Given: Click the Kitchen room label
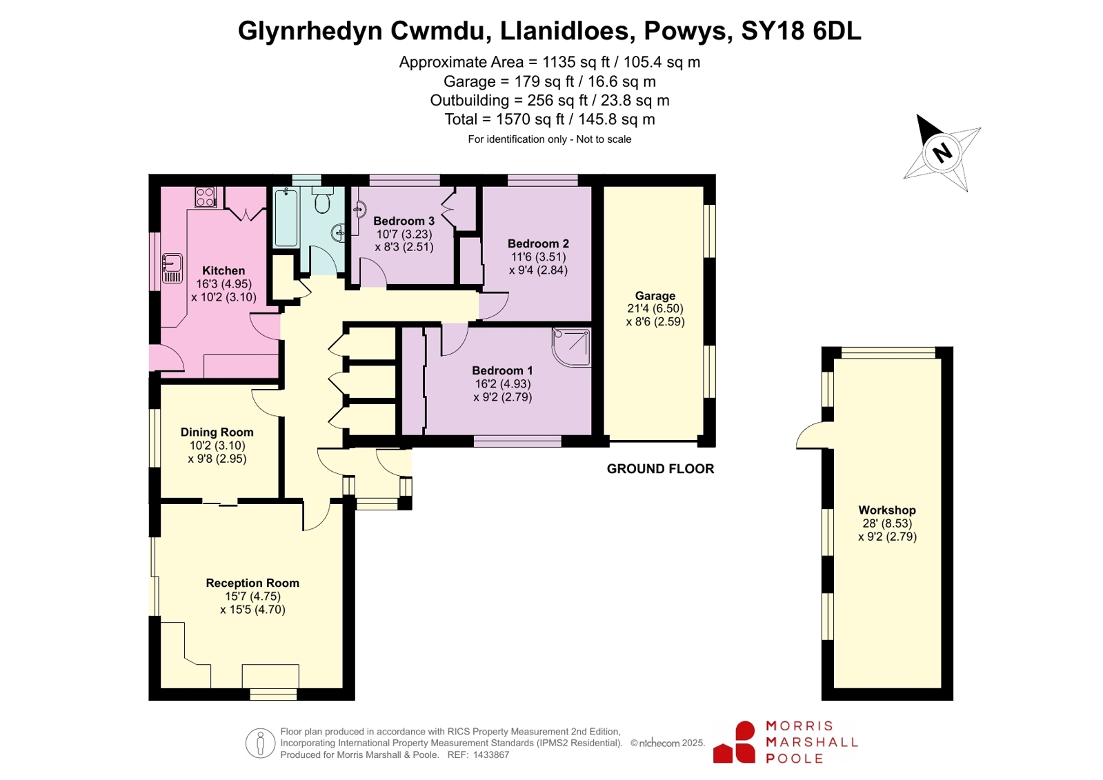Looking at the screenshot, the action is tap(223, 270).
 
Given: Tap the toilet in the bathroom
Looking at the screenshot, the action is tap(323, 200).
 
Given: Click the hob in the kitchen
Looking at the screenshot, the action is tap(206, 197).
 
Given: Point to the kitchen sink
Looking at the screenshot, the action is tap(172, 268).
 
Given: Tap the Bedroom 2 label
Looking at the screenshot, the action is tap(538, 243).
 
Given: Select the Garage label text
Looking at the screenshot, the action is tap(655, 295).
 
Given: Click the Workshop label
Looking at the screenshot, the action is tap(887, 510).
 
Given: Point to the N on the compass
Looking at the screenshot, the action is tap(942, 152).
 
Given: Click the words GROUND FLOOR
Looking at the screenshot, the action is tap(660, 469).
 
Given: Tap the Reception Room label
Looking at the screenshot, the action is tap(252, 583).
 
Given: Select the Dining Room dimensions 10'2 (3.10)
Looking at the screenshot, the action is tap(217, 445).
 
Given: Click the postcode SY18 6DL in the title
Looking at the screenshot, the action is tap(801, 30).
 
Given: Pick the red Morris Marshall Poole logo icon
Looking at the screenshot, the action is tap(734, 742).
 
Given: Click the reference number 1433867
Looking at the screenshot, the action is tap(491, 755).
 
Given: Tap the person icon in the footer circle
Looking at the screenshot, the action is tap(260, 743).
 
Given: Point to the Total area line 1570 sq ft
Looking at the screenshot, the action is tap(550, 119).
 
